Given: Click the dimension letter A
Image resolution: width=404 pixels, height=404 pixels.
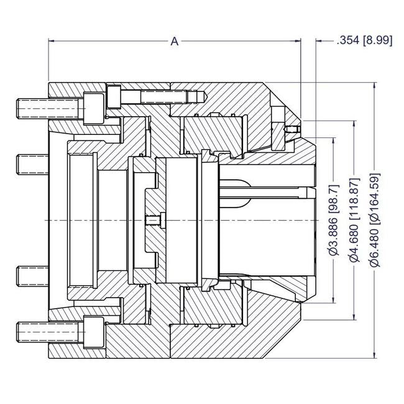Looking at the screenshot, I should pos(175,42).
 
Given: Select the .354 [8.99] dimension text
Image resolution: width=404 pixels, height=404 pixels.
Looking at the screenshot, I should pos(364,42).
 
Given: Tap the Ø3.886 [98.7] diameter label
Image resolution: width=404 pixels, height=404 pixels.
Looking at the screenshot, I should pos(333,221).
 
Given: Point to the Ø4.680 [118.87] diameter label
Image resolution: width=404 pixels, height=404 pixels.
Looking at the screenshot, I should pos(354,221).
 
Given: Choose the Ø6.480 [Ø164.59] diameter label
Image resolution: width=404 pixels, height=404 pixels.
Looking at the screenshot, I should pos(374,221).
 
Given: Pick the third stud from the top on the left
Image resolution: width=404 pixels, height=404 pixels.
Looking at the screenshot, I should pos(31,274).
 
